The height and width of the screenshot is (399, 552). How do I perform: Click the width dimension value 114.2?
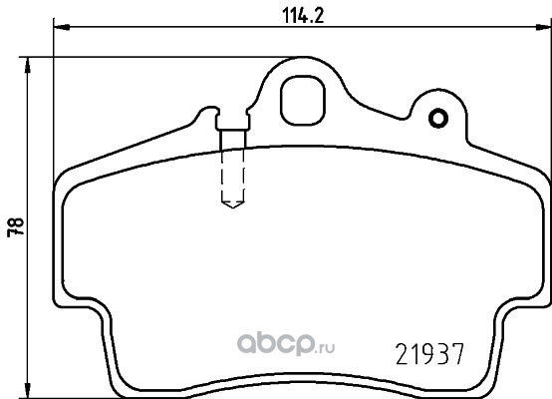[x=303, y=16]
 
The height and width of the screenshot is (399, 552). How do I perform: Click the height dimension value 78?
[x=16, y=227]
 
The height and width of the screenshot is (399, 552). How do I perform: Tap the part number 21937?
[x=430, y=354]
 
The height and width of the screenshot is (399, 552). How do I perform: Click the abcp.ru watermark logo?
[x=286, y=344]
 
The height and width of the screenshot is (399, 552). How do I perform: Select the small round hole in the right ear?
[x=438, y=119]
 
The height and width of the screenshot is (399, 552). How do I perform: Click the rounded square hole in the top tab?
[x=303, y=101]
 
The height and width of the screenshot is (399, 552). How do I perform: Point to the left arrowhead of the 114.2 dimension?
[x=62, y=27]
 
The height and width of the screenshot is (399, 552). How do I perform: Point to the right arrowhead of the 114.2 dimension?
[x=544, y=27]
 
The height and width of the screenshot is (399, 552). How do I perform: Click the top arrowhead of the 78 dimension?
[x=27, y=66]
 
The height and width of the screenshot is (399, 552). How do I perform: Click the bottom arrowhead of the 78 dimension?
[x=27, y=390]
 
